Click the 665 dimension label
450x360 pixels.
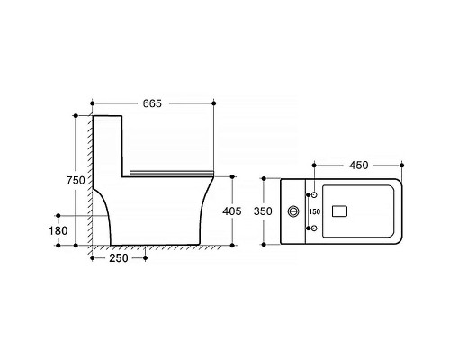[152, 103]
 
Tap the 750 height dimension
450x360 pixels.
[76, 180]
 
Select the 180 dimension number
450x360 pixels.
[58, 230]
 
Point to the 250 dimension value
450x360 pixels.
[119, 258]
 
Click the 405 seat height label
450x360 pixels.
[232, 211]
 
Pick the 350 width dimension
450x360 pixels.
[263, 211]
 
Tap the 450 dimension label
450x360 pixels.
[359, 166]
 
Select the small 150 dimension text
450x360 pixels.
[315, 211]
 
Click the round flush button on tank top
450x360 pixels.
[293, 211]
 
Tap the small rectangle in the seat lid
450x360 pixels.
[339, 211]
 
